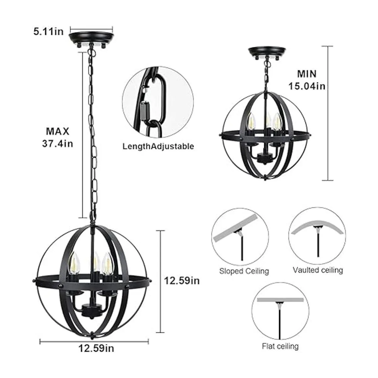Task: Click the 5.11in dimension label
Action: pyautogui.click(x=49, y=32)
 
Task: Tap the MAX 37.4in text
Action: pyautogui.click(x=57, y=138)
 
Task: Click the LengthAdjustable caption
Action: pyautogui.click(x=158, y=146)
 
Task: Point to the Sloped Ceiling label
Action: pyautogui.click(x=244, y=271)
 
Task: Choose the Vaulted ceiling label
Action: pyautogui.click(x=318, y=270)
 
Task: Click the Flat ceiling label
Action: pyautogui.click(x=280, y=346)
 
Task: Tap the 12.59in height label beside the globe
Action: pyautogui.click(x=182, y=281)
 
